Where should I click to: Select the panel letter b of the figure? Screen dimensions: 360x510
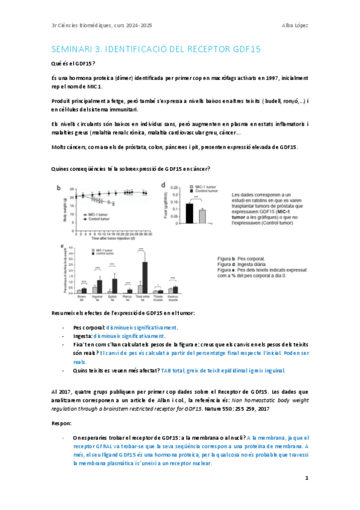pos(59,188)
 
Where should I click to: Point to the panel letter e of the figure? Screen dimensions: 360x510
pos(62,246)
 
